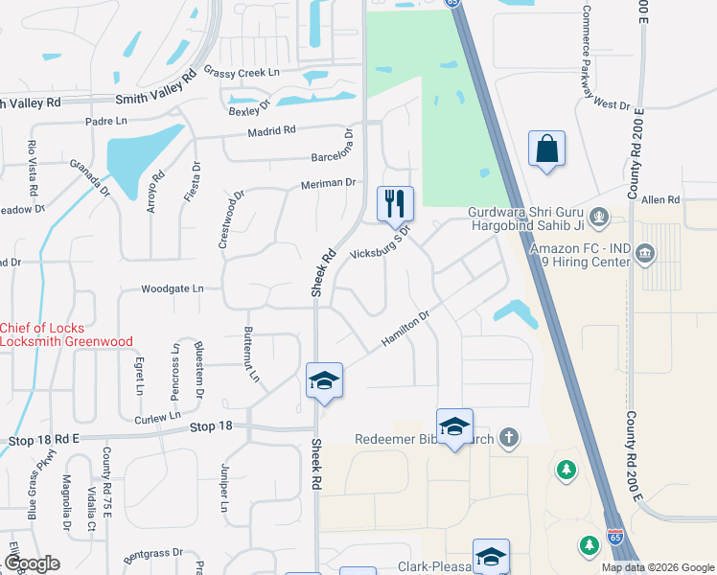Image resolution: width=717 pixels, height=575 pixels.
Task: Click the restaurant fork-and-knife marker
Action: point(395,203)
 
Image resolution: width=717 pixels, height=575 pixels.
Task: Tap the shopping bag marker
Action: point(546,149)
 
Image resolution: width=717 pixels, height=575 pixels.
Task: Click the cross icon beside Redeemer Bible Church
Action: point(509,438)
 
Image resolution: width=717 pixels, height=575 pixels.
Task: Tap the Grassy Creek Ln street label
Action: point(242,72)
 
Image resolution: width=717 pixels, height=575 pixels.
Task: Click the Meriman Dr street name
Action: point(328,183)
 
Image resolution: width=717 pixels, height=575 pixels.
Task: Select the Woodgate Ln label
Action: point(173,287)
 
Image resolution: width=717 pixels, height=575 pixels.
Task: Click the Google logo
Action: point(31,563)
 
